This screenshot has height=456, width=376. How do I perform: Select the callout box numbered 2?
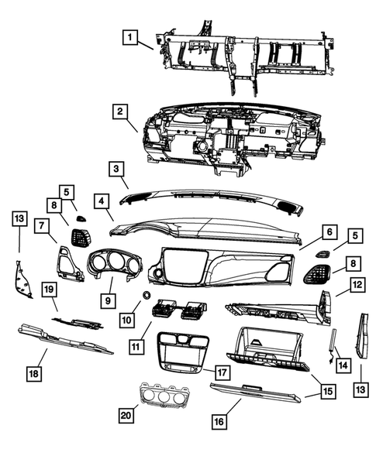click(x=119, y=113)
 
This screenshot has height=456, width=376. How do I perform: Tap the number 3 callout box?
click(x=115, y=168)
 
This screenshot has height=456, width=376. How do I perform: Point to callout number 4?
click(x=102, y=201)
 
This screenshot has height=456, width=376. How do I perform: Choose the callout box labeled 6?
click(x=328, y=231)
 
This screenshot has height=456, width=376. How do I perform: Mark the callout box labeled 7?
click(x=41, y=225)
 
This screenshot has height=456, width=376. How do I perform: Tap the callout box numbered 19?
click(x=48, y=289)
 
